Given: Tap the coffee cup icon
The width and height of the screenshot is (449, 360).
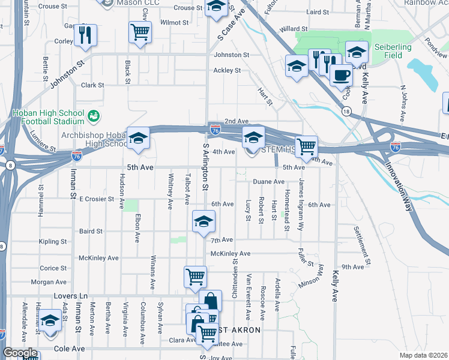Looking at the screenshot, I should point(341,75).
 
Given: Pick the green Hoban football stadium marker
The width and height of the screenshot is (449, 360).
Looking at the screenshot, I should point(93,115).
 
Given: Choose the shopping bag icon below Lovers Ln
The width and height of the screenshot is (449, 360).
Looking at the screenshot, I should point(210,301).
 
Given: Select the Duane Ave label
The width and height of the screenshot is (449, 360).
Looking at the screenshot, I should point(268,181).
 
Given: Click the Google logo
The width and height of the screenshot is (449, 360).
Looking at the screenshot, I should point(20,353).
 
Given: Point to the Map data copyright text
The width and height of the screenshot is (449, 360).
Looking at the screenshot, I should point(423,355).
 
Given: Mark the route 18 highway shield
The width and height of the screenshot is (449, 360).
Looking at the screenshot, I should point(345,111).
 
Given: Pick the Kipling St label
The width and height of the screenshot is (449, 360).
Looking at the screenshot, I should point(52,241).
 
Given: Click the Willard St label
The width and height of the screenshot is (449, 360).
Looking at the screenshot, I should point(293,28).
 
